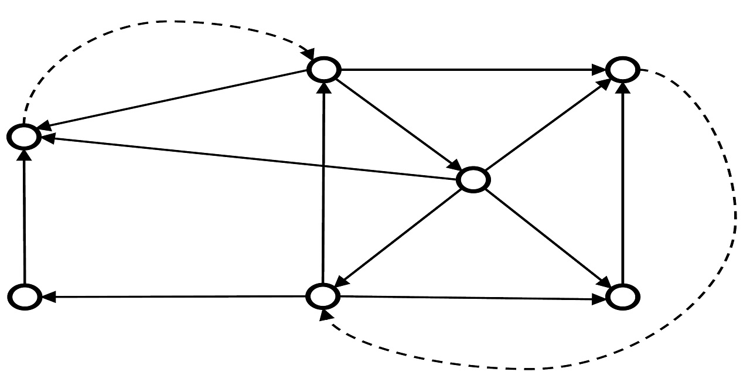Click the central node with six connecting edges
(472, 180)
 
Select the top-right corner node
(622, 70)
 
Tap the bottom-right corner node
(622, 297)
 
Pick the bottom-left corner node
(25, 297)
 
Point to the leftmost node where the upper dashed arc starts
(23, 137)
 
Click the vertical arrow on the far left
(24, 217)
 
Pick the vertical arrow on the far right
(623, 182)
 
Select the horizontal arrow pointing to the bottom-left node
(176, 297)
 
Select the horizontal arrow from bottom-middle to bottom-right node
(469, 298)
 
